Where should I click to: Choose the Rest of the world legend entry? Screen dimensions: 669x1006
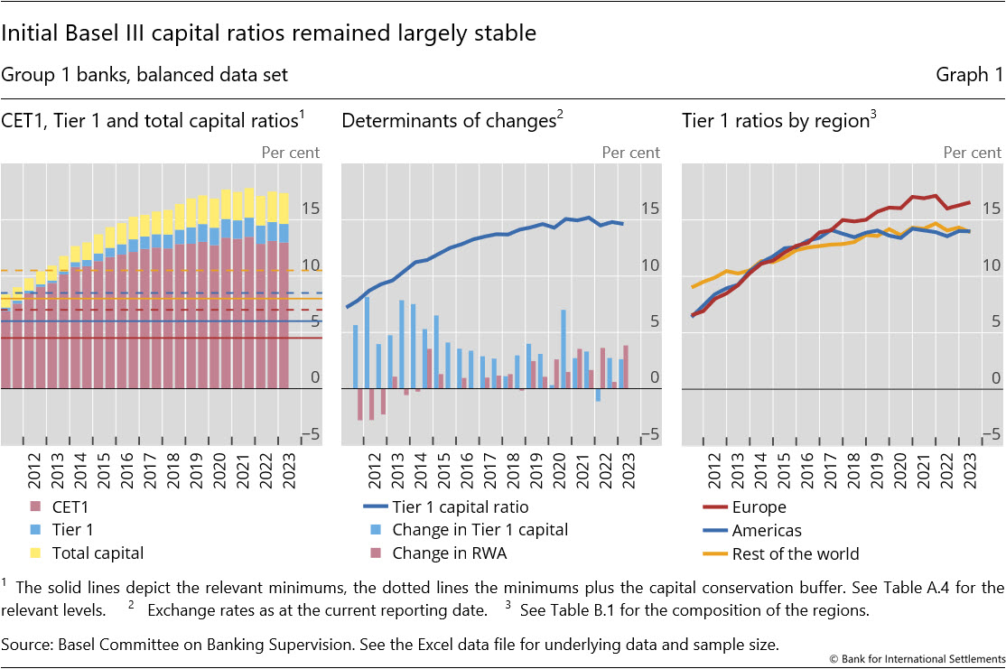coord(782,553)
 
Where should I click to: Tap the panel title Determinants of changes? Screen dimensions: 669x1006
coord(448,120)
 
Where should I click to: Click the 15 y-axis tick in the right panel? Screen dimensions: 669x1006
coord(991,209)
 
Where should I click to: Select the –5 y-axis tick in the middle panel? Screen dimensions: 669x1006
coord(648,434)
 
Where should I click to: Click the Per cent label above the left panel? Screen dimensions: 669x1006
coord(290,152)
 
